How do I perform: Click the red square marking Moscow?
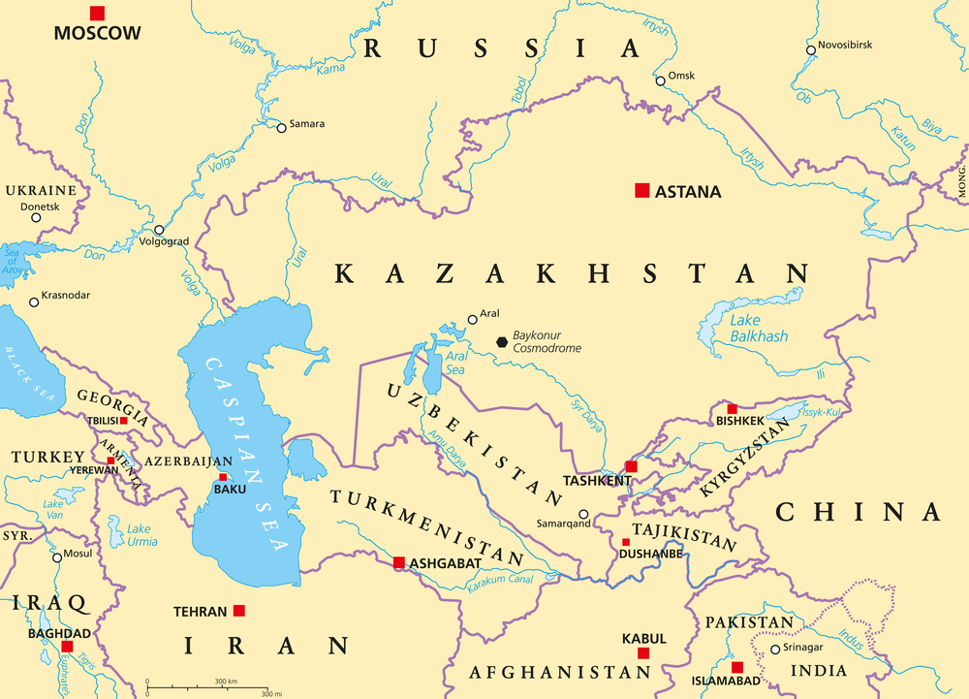point(97,13)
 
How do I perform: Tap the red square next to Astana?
point(641,191)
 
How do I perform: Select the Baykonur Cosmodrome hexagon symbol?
point(501,341)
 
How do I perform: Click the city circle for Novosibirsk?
point(811,49)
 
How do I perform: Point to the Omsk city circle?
point(660,80)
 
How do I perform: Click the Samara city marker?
point(281,127)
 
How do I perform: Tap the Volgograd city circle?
point(159,230)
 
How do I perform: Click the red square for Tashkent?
point(631,466)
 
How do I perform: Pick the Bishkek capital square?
point(732,409)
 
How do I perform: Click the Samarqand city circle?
point(583,515)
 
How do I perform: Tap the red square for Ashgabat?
point(398,562)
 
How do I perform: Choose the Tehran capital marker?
point(239,611)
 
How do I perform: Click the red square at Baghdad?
point(67,646)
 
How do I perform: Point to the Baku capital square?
point(224,477)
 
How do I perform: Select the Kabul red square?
point(643,653)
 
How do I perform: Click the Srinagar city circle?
point(774,650)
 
